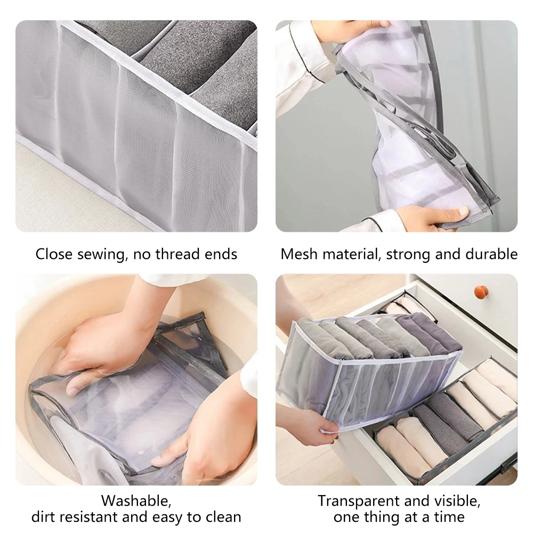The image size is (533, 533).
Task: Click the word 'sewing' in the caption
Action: coord(101,254)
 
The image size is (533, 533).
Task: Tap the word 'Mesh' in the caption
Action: coord(298,254)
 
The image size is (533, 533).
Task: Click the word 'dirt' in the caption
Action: coord(44,516)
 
